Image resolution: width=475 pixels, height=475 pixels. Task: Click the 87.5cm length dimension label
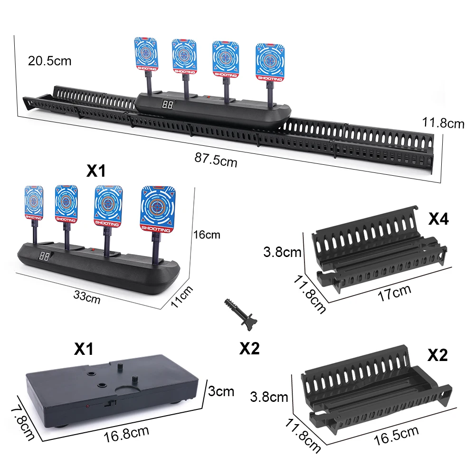coord(216,159)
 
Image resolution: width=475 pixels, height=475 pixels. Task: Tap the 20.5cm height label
coord(50,61)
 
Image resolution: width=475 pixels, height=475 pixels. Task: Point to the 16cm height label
coord(207,235)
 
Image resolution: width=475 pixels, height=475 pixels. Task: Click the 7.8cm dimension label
coord(22,421)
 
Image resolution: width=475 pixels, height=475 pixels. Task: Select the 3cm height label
coord(221,391)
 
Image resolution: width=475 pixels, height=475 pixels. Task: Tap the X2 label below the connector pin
coord(249,349)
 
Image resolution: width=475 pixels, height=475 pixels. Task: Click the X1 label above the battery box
coord(84,350)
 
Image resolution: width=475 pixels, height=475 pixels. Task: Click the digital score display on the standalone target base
coord(45,256)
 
